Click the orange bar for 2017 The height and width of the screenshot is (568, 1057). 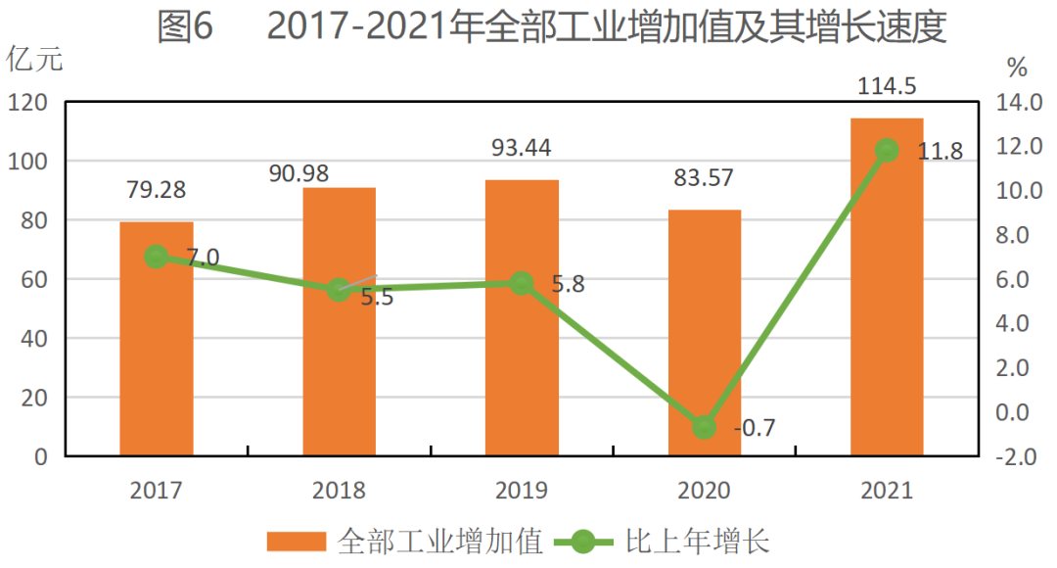tap(157, 338)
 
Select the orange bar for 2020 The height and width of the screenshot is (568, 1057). tap(705, 333)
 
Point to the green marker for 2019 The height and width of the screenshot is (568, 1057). tap(522, 283)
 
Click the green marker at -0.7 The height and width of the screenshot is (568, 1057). tap(705, 427)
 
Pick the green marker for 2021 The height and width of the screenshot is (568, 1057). tap(887, 150)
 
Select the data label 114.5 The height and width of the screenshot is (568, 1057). tap(887, 86)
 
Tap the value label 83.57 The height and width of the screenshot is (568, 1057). tap(703, 178)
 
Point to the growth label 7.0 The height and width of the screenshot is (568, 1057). tap(202, 259)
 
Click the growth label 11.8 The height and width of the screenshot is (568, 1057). tap(940, 151)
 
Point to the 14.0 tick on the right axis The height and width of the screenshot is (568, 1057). tap(1017, 102)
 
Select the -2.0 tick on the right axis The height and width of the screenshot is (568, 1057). tap(1017, 456)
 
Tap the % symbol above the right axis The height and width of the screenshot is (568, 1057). tap(1018, 68)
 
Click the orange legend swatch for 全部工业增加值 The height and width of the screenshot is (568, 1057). tap(297, 542)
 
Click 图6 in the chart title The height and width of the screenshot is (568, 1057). tap(185, 27)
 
